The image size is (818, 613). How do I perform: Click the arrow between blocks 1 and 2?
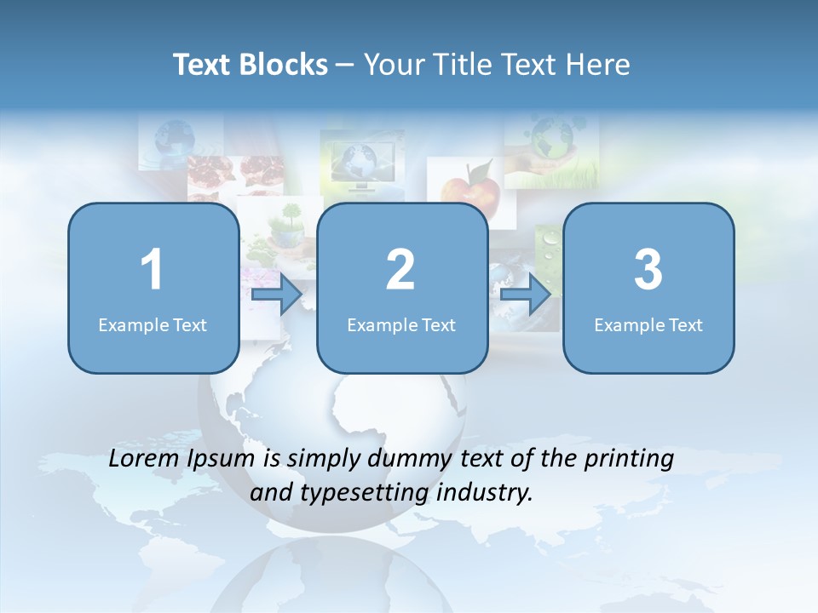(278, 295)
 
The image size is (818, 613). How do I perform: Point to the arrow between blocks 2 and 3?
(526, 295)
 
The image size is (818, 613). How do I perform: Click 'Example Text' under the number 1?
(153, 324)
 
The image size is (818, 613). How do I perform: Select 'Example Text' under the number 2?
(401, 324)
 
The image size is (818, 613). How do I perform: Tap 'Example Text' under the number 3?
(648, 324)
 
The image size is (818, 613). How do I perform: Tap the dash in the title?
(345, 65)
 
